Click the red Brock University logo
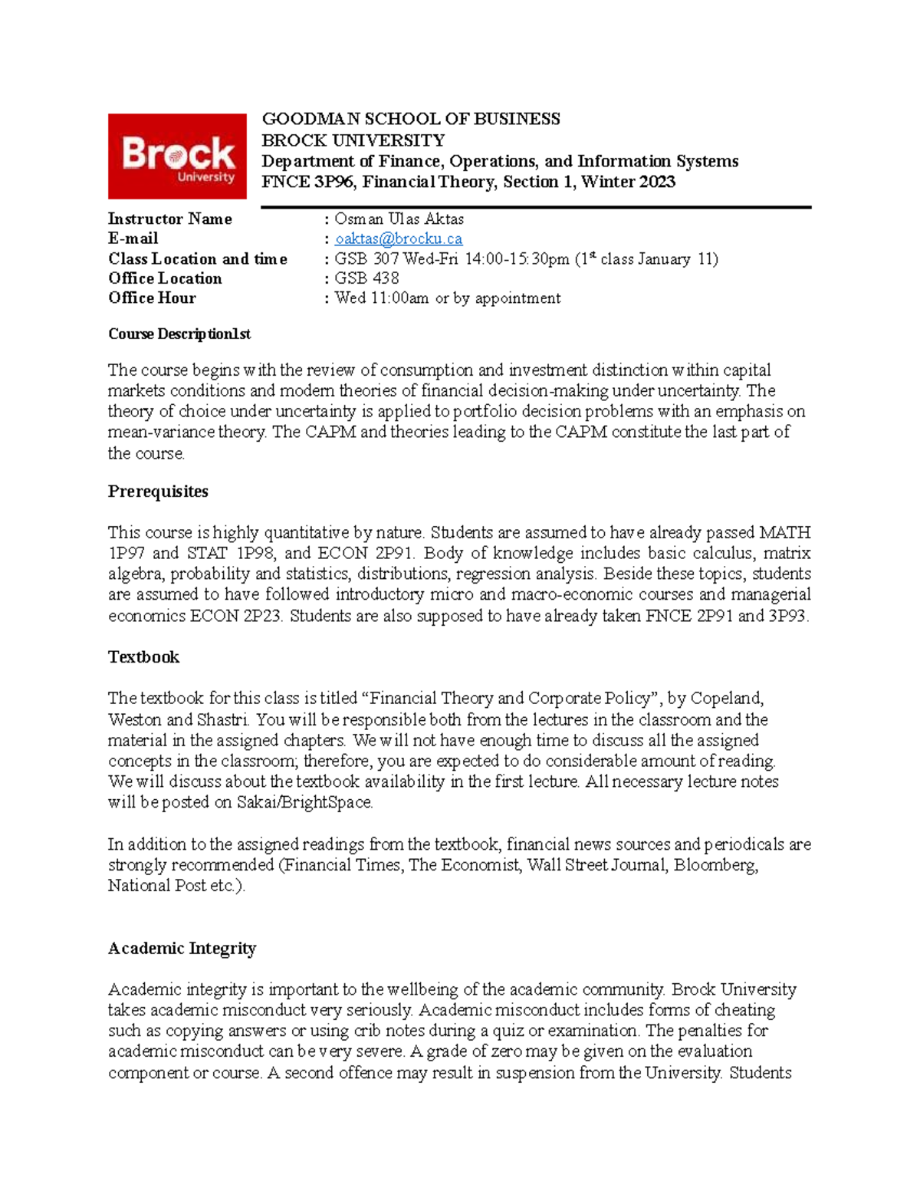[x=177, y=156]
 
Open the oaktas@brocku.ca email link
[x=399, y=239]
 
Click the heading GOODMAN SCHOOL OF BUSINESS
[x=411, y=119]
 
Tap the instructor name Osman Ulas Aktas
[x=399, y=219]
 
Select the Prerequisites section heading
[x=158, y=492]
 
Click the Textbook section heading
[x=143, y=657]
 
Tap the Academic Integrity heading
[x=182, y=949]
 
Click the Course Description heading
[x=179, y=334]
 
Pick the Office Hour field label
[x=152, y=298]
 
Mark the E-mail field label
[x=133, y=239]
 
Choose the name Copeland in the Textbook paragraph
[x=726, y=699]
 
